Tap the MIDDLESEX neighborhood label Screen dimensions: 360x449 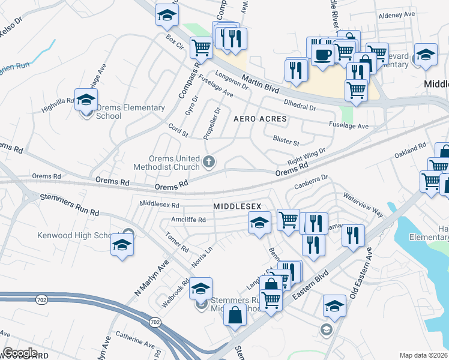pos(237,206)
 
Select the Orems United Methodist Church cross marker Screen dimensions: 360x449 pos(209,160)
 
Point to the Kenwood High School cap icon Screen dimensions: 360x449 pos(122,245)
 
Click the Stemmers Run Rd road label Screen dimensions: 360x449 pos(69,204)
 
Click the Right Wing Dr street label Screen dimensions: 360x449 pos(306,157)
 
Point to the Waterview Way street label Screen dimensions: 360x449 pos(363,205)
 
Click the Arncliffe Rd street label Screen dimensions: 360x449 pos(188,220)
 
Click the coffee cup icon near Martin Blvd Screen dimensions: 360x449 pos(322,55)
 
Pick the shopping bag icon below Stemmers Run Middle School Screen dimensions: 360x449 pos(235,314)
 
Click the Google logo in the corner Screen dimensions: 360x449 pos(20,353)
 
